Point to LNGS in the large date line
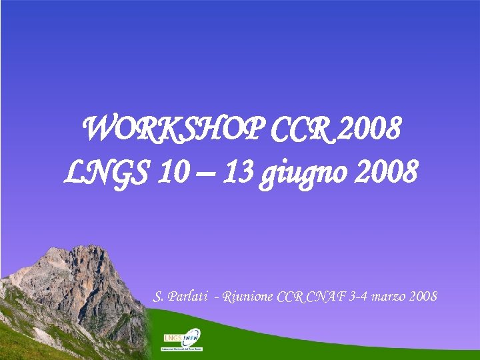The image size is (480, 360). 107,173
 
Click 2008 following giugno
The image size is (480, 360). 386,173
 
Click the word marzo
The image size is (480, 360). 391,295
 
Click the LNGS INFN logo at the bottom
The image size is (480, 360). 183,340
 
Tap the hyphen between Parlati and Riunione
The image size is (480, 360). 218,296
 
